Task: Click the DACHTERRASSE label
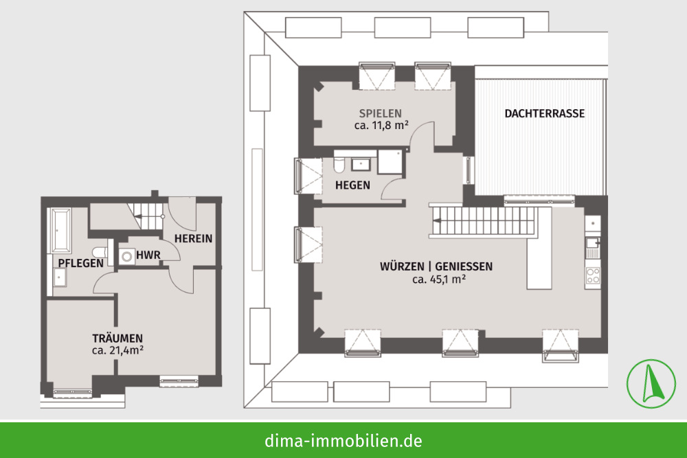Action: point(545,113)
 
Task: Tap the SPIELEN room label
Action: point(381,113)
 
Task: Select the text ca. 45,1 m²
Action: point(438,279)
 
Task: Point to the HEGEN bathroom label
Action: point(352,185)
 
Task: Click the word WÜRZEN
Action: point(402,266)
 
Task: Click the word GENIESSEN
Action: point(464,266)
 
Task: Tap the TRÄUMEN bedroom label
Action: point(117,338)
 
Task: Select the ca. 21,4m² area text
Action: point(118,350)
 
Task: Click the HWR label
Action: point(148,255)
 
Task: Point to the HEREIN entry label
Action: point(193,239)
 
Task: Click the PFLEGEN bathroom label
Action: point(81,263)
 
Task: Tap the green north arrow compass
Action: point(651,384)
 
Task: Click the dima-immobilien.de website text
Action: point(343,440)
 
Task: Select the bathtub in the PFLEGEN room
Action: point(61,231)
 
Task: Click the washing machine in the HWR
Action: point(127,257)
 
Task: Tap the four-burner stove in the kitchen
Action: point(593,277)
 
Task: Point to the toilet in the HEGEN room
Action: point(339,164)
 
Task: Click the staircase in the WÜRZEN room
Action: point(484,221)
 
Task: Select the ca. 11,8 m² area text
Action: point(381,125)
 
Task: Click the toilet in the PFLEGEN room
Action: point(100,253)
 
